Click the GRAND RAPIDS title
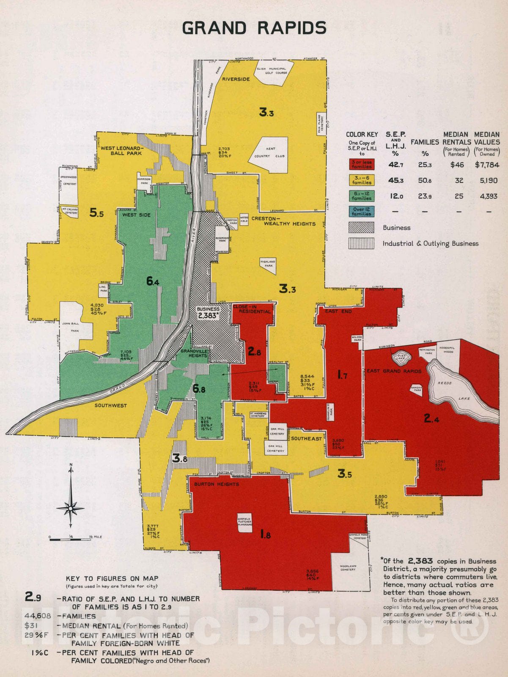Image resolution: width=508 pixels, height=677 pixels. pyautogui.click(x=254, y=28)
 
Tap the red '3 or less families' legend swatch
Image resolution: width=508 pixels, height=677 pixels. pyautogui.click(x=361, y=165)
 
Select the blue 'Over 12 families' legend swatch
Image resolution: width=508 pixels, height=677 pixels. pyautogui.click(x=361, y=212)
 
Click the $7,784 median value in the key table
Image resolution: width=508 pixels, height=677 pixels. pyautogui.click(x=487, y=165)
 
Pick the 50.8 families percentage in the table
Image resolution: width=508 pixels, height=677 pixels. pyautogui.click(x=425, y=181)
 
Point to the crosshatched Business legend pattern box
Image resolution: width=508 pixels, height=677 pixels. pyautogui.click(x=361, y=228)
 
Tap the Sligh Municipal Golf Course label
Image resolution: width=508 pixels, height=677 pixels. pyautogui.click(x=272, y=71)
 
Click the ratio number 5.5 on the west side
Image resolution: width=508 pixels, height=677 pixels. pyautogui.click(x=96, y=213)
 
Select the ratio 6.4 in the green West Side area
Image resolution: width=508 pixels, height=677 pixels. pyautogui.click(x=153, y=281)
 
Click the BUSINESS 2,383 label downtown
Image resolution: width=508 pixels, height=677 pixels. pyautogui.click(x=208, y=312)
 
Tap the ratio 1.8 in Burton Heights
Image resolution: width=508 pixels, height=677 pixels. pyautogui.click(x=265, y=535)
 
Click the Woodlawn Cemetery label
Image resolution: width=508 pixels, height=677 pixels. pyautogui.click(x=348, y=567)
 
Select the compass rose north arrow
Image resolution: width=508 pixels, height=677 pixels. pyautogui.click(x=71, y=499)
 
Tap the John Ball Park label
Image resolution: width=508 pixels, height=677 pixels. pyautogui.click(x=71, y=327)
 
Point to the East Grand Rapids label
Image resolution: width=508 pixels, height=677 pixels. pyautogui.click(x=394, y=371)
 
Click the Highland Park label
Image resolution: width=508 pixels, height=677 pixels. pyautogui.click(x=268, y=264)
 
